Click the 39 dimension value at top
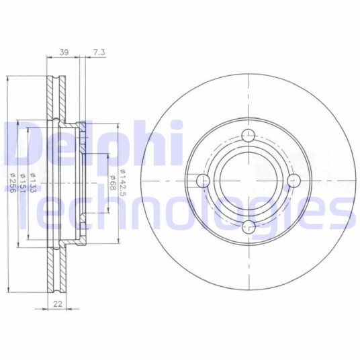point(64,52)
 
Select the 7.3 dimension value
point(99,52)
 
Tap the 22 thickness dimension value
point(58,304)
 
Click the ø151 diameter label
point(23,183)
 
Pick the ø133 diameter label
point(33,183)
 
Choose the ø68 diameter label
point(112,183)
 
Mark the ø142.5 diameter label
point(123,183)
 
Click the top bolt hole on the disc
point(249,135)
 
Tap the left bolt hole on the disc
point(204,181)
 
